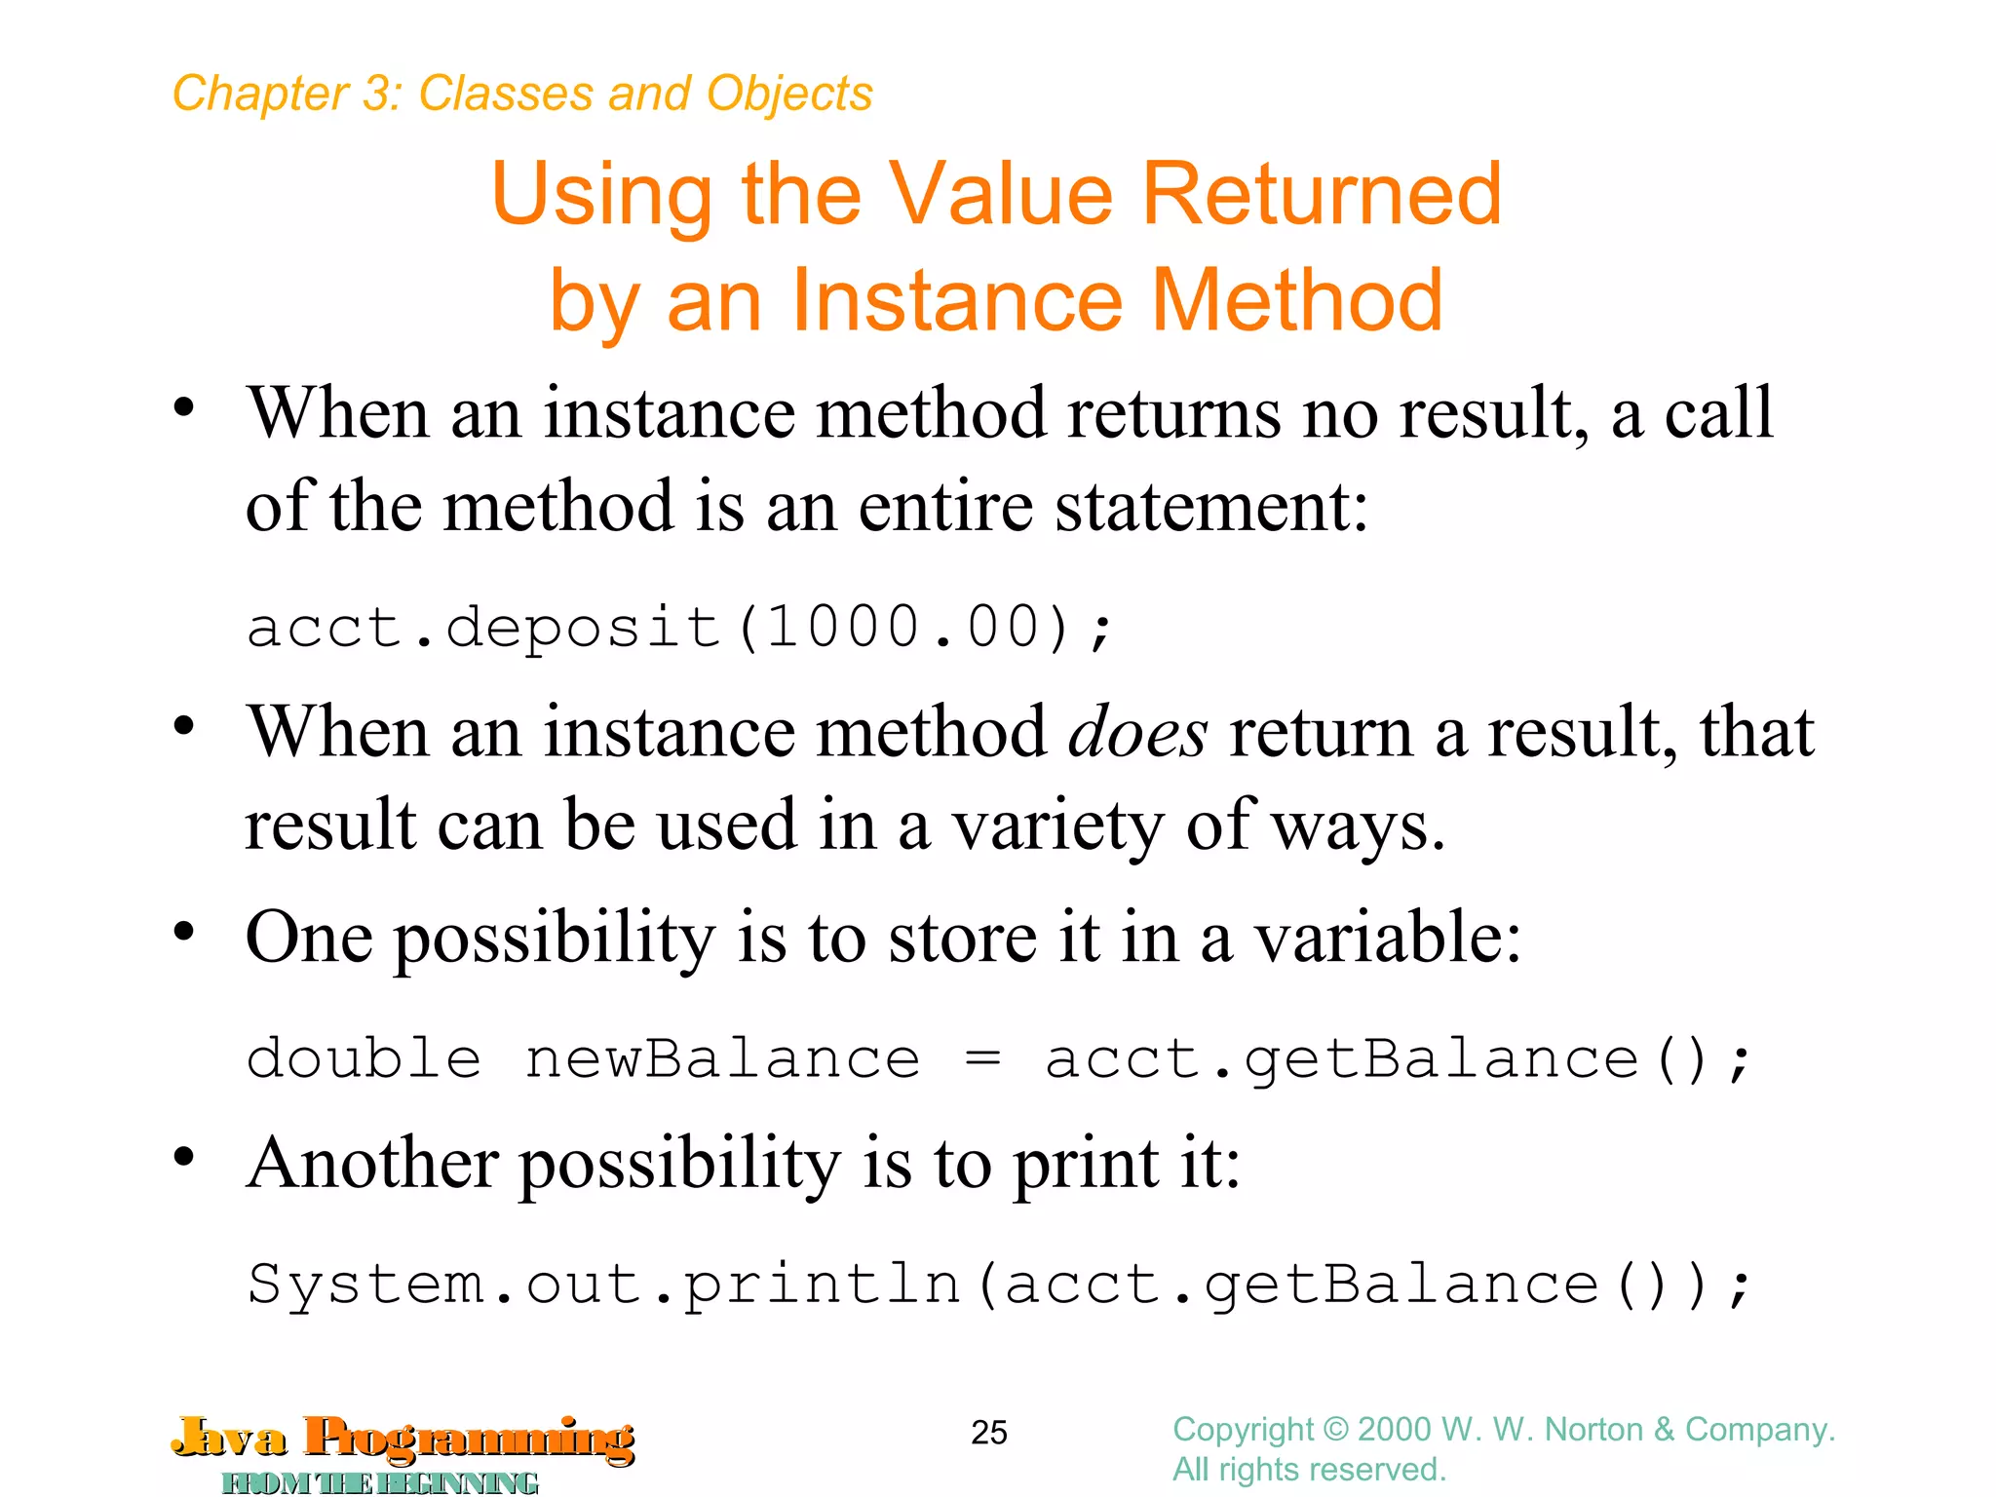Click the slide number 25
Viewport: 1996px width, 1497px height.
tap(988, 1432)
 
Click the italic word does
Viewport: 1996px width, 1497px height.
tap(1137, 732)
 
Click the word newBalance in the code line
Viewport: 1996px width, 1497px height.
tap(722, 1058)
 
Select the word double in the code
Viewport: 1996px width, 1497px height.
tap(364, 1058)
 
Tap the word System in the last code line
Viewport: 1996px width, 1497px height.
tap(365, 1284)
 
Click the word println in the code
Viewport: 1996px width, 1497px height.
tap(822, 1284)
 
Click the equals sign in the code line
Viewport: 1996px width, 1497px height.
tap(981, 1058)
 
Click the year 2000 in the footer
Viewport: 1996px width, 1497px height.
tap(1394, 1430)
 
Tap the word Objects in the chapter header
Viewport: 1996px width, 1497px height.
tap(789, 95)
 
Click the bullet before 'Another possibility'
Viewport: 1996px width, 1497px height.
tap(184, 1157)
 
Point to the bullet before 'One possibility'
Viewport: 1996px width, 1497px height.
tap(184, 932)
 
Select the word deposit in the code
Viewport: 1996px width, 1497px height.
tap(582, 626)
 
